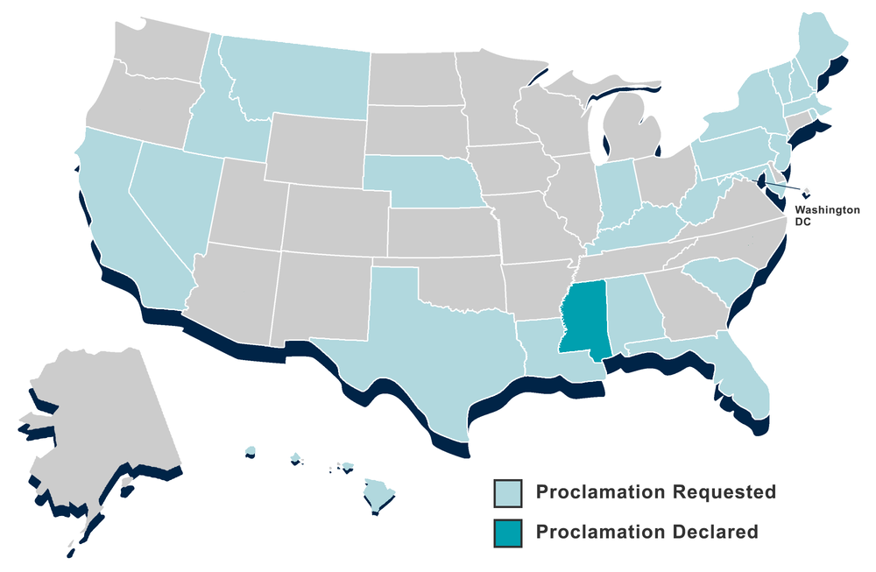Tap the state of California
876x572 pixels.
click(x=123, y=228)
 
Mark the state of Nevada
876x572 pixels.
click(x=171, y=197)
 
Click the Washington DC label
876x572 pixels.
click(x=827, y=216)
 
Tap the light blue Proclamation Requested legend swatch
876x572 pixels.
click(x=507, y=491)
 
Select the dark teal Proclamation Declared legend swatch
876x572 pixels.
click(x=507, y=532)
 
